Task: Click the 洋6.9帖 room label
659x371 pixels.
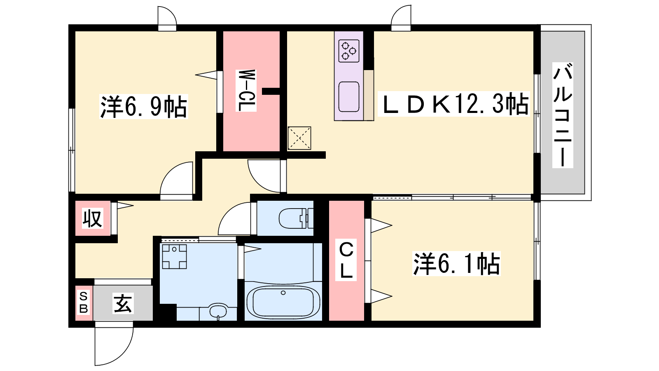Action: pos(144,107)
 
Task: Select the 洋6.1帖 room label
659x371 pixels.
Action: pos(456,263)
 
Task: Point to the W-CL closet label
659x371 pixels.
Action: pos(246,90)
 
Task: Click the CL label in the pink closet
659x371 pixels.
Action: pos(346,260)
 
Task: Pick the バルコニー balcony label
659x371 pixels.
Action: pos(563,115)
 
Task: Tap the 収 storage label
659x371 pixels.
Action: pos(92,218)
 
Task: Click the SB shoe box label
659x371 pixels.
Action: pos(84,303)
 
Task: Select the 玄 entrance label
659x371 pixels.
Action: pos(123,303)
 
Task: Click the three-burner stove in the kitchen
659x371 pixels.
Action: pos(348,51)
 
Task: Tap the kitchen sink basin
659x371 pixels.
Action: pos(348,97)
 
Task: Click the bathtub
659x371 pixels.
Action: pos(283,301)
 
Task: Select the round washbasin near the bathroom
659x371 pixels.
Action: pos(218,311)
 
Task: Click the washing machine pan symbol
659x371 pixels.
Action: pos(174,256)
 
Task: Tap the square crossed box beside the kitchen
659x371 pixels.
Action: pos(299,138)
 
